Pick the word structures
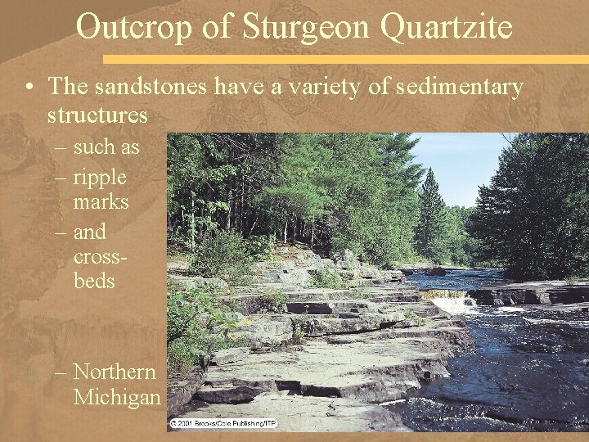[97, 115]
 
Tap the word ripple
[100, 177]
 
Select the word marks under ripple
[101, 201]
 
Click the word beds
[94, 281]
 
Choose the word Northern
[115, 372]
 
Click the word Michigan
[117, 398]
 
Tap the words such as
[106, 148]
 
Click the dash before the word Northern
[62, 372]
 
